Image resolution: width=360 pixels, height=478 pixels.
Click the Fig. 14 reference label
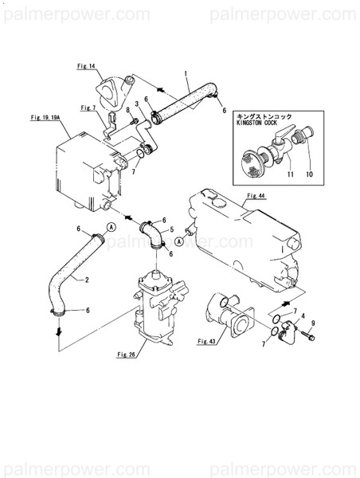86,66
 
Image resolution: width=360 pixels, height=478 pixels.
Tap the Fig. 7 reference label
88,108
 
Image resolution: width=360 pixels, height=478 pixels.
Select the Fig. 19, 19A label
45,117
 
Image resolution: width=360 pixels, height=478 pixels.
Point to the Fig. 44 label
256,196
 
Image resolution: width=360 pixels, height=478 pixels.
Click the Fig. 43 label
206,341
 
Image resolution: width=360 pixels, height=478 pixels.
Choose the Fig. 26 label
126,355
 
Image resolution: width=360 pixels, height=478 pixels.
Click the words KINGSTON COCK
256,123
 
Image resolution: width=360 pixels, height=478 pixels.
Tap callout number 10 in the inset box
309,174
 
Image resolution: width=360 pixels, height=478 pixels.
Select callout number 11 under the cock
290,174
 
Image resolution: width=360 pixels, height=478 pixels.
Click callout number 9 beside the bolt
313,323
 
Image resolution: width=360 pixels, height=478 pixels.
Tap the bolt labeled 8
133,122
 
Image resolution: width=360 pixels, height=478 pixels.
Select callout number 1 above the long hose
186,73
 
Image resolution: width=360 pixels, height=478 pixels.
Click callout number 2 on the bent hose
87,280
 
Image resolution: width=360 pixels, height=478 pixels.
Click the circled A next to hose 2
112,226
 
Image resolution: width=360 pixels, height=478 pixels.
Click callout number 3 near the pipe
137,104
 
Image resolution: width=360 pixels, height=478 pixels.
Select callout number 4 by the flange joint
303,316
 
